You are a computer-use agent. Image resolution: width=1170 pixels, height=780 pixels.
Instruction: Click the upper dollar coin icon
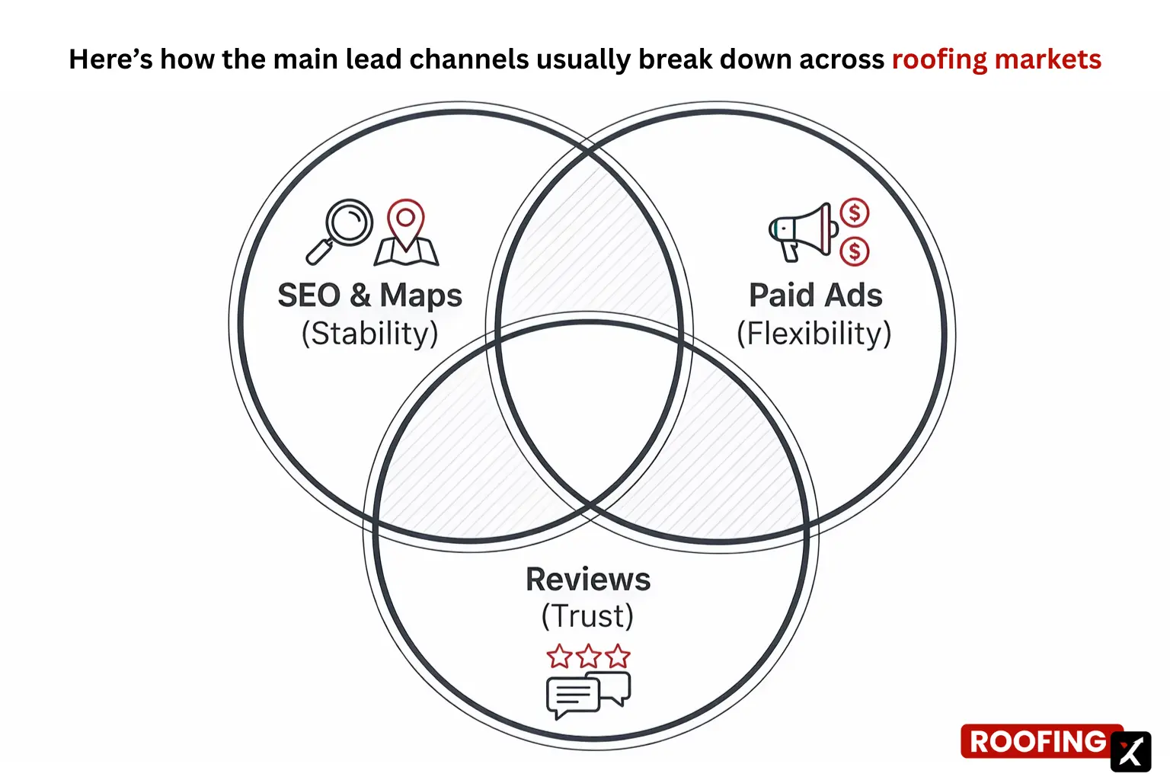(x=855, y=213)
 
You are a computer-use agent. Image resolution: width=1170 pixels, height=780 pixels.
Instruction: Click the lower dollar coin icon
(x=855, y=251)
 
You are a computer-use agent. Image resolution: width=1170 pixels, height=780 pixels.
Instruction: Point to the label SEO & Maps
(x=369, y=296)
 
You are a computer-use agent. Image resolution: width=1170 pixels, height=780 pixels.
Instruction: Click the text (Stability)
(x=369, y=334)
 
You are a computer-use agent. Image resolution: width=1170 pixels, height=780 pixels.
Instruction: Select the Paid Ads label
(x=815, y=296)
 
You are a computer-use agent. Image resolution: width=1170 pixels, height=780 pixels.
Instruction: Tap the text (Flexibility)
(x=814, y=334)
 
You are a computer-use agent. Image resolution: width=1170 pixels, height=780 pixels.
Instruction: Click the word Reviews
(x=588, y=580)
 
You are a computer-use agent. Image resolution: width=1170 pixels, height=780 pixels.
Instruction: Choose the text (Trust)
(x=587, y=616)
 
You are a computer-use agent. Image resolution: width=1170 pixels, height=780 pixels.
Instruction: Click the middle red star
(x=588, y=656)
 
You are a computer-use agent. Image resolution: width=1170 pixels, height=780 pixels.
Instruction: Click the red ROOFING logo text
(x=1037, y=742)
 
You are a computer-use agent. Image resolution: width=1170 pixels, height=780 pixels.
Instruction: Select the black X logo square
(x=1131, y=752)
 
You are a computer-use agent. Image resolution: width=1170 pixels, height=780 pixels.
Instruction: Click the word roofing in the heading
(x=938, y=59)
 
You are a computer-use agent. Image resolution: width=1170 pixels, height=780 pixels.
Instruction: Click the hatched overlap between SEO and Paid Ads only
(x=588, y=244)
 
